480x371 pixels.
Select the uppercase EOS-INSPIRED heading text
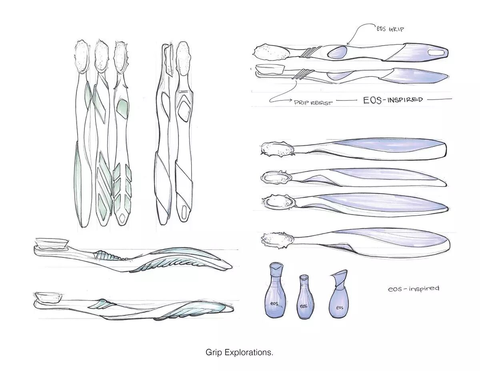click(x=393, y=99)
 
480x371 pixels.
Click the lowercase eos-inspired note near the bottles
click(x=414, y=289)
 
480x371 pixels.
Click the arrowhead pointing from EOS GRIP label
click(x=348, y=44)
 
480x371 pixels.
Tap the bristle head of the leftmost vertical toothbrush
click(x=82, y=56)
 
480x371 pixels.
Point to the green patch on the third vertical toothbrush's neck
click(x=121, y=107)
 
